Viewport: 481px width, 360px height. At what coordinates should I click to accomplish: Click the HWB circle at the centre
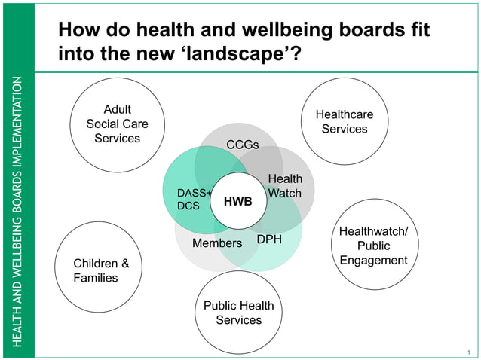click(x=237, y=201)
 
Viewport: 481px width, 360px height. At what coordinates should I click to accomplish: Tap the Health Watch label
click(x=285, y=186)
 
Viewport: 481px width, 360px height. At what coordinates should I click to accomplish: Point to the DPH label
click(x=269, y=239)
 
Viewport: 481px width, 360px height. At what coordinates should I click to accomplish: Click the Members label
click(x=217, y=243)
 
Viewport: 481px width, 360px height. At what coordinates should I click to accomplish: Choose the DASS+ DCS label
click(x=193, y=199)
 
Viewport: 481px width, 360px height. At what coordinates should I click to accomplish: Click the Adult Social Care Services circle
click(x=117, y=124)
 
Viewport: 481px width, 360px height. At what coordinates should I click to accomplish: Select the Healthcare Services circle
click(x=344, y=121)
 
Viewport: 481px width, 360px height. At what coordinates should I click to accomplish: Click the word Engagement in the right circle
click(x=373, y=261)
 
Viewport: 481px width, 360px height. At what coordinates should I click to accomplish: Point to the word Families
click(x=96, y=278)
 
